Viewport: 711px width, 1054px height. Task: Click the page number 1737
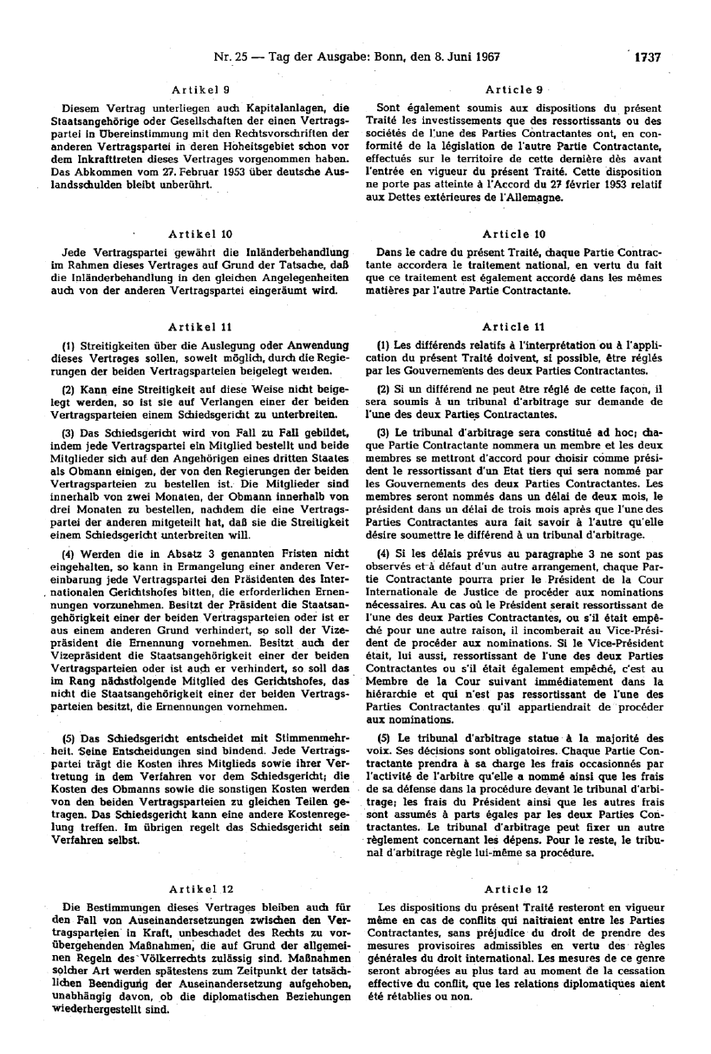(647, 59)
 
